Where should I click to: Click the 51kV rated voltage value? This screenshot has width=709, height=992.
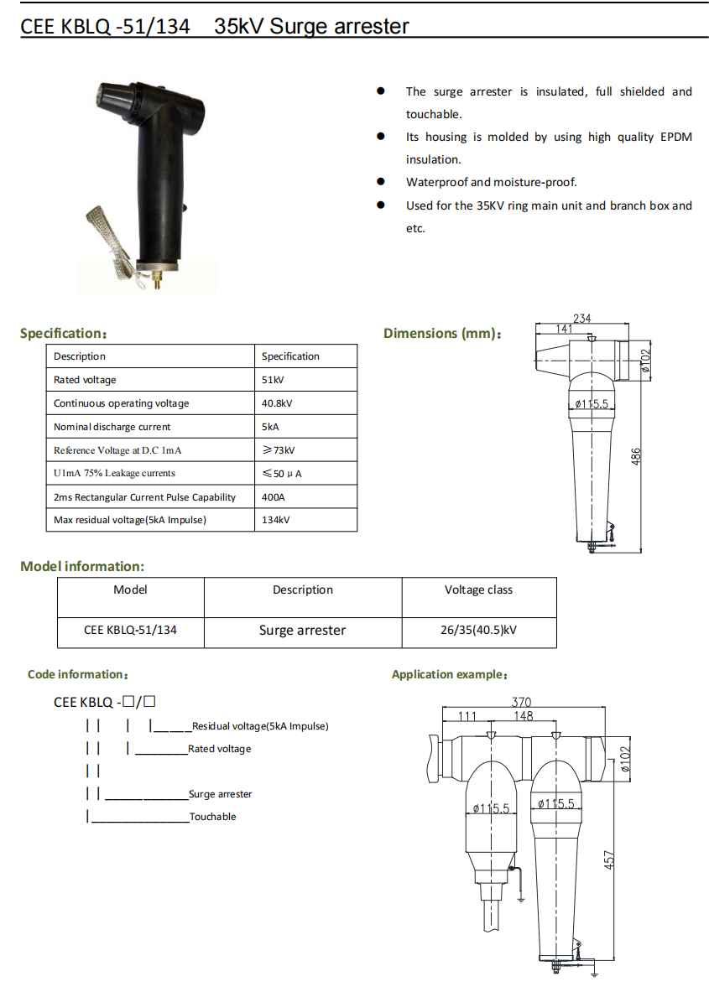[273, 380]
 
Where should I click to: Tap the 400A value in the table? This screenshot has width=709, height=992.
[274, 497]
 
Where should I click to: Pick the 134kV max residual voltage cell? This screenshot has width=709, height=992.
[276, 520]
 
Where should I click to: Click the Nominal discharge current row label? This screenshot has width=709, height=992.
[112, 427]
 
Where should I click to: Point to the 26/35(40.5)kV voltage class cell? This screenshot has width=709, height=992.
[478, 630]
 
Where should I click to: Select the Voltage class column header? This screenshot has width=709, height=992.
[478, 589]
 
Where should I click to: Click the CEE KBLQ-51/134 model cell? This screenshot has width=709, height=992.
[130, 630]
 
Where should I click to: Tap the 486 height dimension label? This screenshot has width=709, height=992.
[636, 456]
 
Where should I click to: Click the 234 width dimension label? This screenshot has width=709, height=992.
[581, 319]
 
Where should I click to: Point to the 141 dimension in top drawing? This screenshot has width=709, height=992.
[564, 330]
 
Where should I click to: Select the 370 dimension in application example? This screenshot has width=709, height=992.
[521, 703]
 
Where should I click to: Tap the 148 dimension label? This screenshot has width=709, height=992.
[523, 716]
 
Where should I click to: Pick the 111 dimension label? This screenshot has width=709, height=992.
[467, 716]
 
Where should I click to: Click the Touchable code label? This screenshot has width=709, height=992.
[213, 817]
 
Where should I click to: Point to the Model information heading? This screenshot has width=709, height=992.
[82, 567]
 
